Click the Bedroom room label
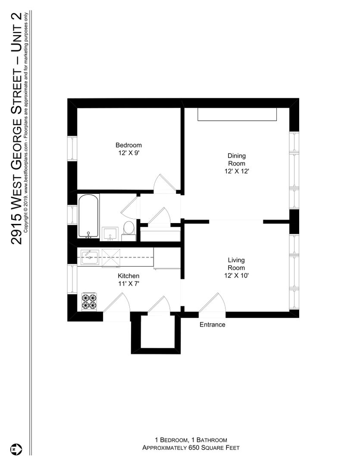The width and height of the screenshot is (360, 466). pos(128,145)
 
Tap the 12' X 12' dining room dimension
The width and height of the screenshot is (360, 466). pos(237,171)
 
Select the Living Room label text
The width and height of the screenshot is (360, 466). pos(236,264)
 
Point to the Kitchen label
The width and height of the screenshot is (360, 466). pos(128,276)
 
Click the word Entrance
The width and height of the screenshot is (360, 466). pos(213,324)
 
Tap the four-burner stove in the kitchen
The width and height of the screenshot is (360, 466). pos(89,302)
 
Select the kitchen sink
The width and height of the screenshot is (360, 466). pos(90,257)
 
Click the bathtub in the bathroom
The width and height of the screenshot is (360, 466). pos(88,216)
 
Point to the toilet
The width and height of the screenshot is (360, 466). pos(128,230)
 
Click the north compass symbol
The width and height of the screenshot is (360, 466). pos(16,449)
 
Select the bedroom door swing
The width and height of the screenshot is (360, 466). pos(164,184)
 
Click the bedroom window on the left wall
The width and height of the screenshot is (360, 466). pos(72,148)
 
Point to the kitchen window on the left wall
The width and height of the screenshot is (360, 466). pos(72,279)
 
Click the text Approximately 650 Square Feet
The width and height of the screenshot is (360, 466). pos(191,447)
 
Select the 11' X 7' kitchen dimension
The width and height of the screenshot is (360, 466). pos(128,283)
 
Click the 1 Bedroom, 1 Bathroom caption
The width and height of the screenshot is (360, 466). pos(191,440)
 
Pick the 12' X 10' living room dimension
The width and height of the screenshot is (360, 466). pos(236,275)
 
